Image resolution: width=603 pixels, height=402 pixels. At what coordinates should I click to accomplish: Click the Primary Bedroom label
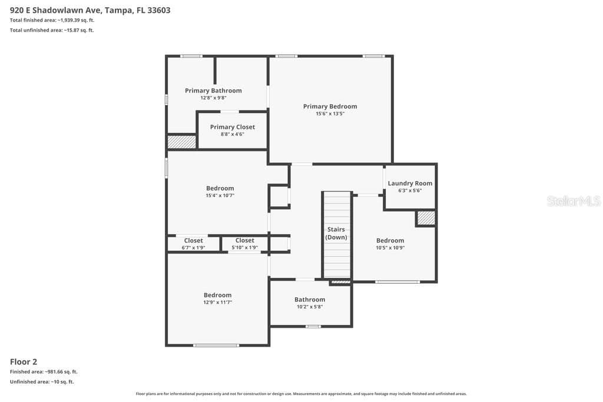330,107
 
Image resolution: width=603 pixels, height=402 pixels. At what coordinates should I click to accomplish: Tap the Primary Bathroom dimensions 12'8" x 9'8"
213,98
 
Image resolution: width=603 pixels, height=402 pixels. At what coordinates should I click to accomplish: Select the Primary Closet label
232,127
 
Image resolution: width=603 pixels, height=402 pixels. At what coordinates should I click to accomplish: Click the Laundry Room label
410,183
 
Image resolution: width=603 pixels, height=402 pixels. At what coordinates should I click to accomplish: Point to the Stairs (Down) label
336,233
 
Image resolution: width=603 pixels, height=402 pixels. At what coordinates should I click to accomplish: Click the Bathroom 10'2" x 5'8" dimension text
310,307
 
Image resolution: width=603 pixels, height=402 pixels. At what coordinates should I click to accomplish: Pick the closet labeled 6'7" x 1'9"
193,244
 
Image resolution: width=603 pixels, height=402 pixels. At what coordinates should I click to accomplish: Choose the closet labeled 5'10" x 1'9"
245,244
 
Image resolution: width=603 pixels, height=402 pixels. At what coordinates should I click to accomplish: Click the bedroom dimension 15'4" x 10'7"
220,195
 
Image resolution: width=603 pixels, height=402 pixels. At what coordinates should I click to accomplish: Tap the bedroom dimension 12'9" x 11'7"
218,303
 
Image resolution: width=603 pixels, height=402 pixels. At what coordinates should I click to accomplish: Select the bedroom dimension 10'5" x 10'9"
390,248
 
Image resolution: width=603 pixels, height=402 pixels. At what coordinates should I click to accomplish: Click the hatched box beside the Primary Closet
181,141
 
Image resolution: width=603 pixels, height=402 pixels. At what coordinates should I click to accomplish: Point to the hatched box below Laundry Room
426,218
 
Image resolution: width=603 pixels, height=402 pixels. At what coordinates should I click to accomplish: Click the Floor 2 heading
24,361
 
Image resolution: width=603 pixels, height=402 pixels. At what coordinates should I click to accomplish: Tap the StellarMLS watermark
574,201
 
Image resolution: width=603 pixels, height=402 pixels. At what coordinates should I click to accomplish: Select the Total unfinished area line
52,30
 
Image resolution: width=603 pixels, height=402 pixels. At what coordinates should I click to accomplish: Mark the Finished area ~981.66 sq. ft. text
44,371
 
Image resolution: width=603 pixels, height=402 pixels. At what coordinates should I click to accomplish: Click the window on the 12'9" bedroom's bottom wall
216,345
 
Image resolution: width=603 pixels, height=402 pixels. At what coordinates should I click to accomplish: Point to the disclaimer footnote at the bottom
301,394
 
